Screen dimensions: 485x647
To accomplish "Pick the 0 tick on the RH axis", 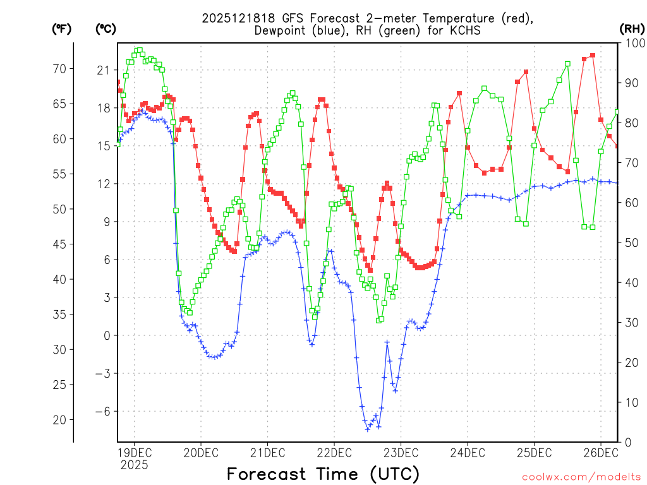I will [627, 442].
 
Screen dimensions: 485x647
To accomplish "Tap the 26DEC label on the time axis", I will [600, 453].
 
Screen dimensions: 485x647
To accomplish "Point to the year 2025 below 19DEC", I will [134, 465].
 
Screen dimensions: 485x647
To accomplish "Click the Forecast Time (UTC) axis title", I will [323, 474].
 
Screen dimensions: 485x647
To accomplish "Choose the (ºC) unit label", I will [106, 28].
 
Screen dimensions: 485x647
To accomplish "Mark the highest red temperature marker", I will [593, 56].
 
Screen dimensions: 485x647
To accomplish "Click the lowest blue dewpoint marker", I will [367, 429].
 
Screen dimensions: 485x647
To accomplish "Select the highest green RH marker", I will [139, 50].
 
